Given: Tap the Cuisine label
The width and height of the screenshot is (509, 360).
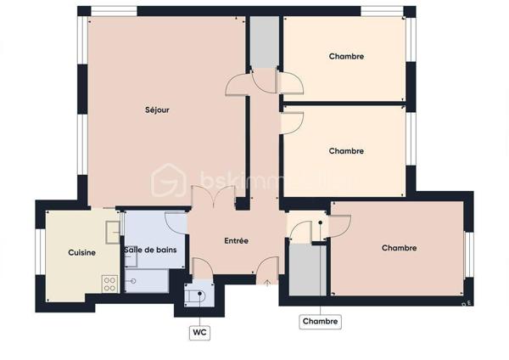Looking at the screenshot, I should [x=81, y=252].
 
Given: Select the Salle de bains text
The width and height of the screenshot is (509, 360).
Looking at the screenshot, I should [x=149, y=250].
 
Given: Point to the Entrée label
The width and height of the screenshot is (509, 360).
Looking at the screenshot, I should [x=236, y=241].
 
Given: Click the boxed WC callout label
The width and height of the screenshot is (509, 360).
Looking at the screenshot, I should [x=199, y=333].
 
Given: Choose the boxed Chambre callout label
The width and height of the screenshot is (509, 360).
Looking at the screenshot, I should [x=321, y=322].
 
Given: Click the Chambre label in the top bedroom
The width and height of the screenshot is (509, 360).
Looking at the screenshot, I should [x=346, y=57].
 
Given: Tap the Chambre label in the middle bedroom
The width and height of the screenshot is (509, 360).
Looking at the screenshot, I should [x=346, y=151].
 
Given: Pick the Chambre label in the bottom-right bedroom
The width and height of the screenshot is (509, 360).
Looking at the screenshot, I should [x=399, y=248].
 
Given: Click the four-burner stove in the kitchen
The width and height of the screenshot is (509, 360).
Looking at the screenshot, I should [x=109, y=284].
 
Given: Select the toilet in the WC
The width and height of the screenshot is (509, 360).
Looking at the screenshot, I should [x=200, y=295].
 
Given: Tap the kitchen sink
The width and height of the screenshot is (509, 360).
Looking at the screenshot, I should [x=112, y=230].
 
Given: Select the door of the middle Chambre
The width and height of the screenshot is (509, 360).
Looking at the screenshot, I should [x=287, y=120].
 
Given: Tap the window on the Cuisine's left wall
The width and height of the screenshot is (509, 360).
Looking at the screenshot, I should [x=37, y=252].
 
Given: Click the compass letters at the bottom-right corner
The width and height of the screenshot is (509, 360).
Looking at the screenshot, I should [x=465, y=302].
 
